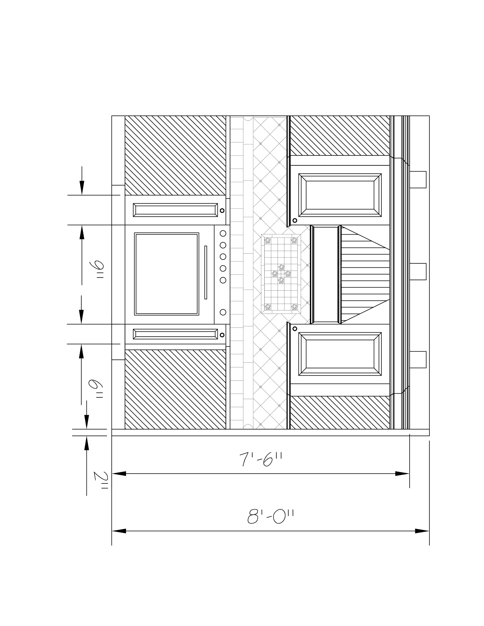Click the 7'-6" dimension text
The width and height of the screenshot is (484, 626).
[261, 459]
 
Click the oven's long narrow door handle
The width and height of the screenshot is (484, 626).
[206, 272]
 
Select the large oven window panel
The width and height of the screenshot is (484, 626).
[167, 274]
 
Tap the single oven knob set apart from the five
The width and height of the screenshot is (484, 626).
[223, 312]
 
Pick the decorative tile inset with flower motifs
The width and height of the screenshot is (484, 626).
[281, 274]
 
